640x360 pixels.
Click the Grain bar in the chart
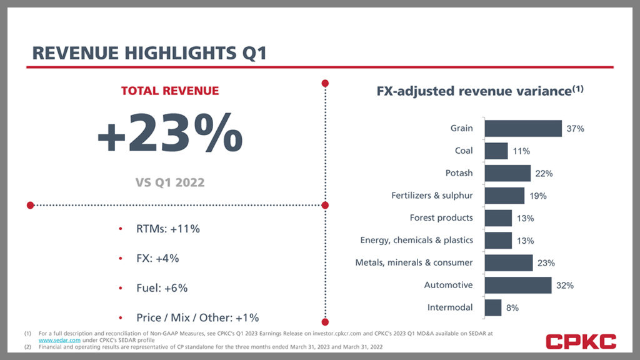pyautogui.click(x=523, y=128)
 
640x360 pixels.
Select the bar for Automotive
pyautogui.click(x=517, y=285)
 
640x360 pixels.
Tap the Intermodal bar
pyautogui.click(x=492, y=307)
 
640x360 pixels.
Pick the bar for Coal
pyautogui.click(x=496, y=151)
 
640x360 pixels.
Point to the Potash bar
pyautogui.click(x=507, y=173)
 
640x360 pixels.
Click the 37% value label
pyautogui.click(x=575, y=129)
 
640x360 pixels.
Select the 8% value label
pyautogui.click(x=511, y=307)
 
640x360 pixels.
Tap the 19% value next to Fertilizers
pyautogui.click(x=537, y=196)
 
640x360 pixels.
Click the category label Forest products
pyautogui.click(x=441, y=217)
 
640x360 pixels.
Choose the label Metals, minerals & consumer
pyautogui.click(x=414, y=262)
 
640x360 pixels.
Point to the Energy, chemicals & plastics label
pyautogui.click(x=416, y=240)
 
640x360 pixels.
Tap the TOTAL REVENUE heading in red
pyautogui.click(x=170, y=91)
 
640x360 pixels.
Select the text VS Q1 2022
pyautogui.click(x=169, y=183)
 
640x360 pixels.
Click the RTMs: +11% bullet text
pyautogui.click(x=167, y=229)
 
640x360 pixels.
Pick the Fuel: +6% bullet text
pyautogui.click(x=162, y=288)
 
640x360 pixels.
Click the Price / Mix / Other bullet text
pyautogui.click(x=197, y=317)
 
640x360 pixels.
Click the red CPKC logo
pyautogui.click(x=581, y=341)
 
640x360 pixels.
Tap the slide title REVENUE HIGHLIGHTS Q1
pyautogui.click(x=149, y=53)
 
